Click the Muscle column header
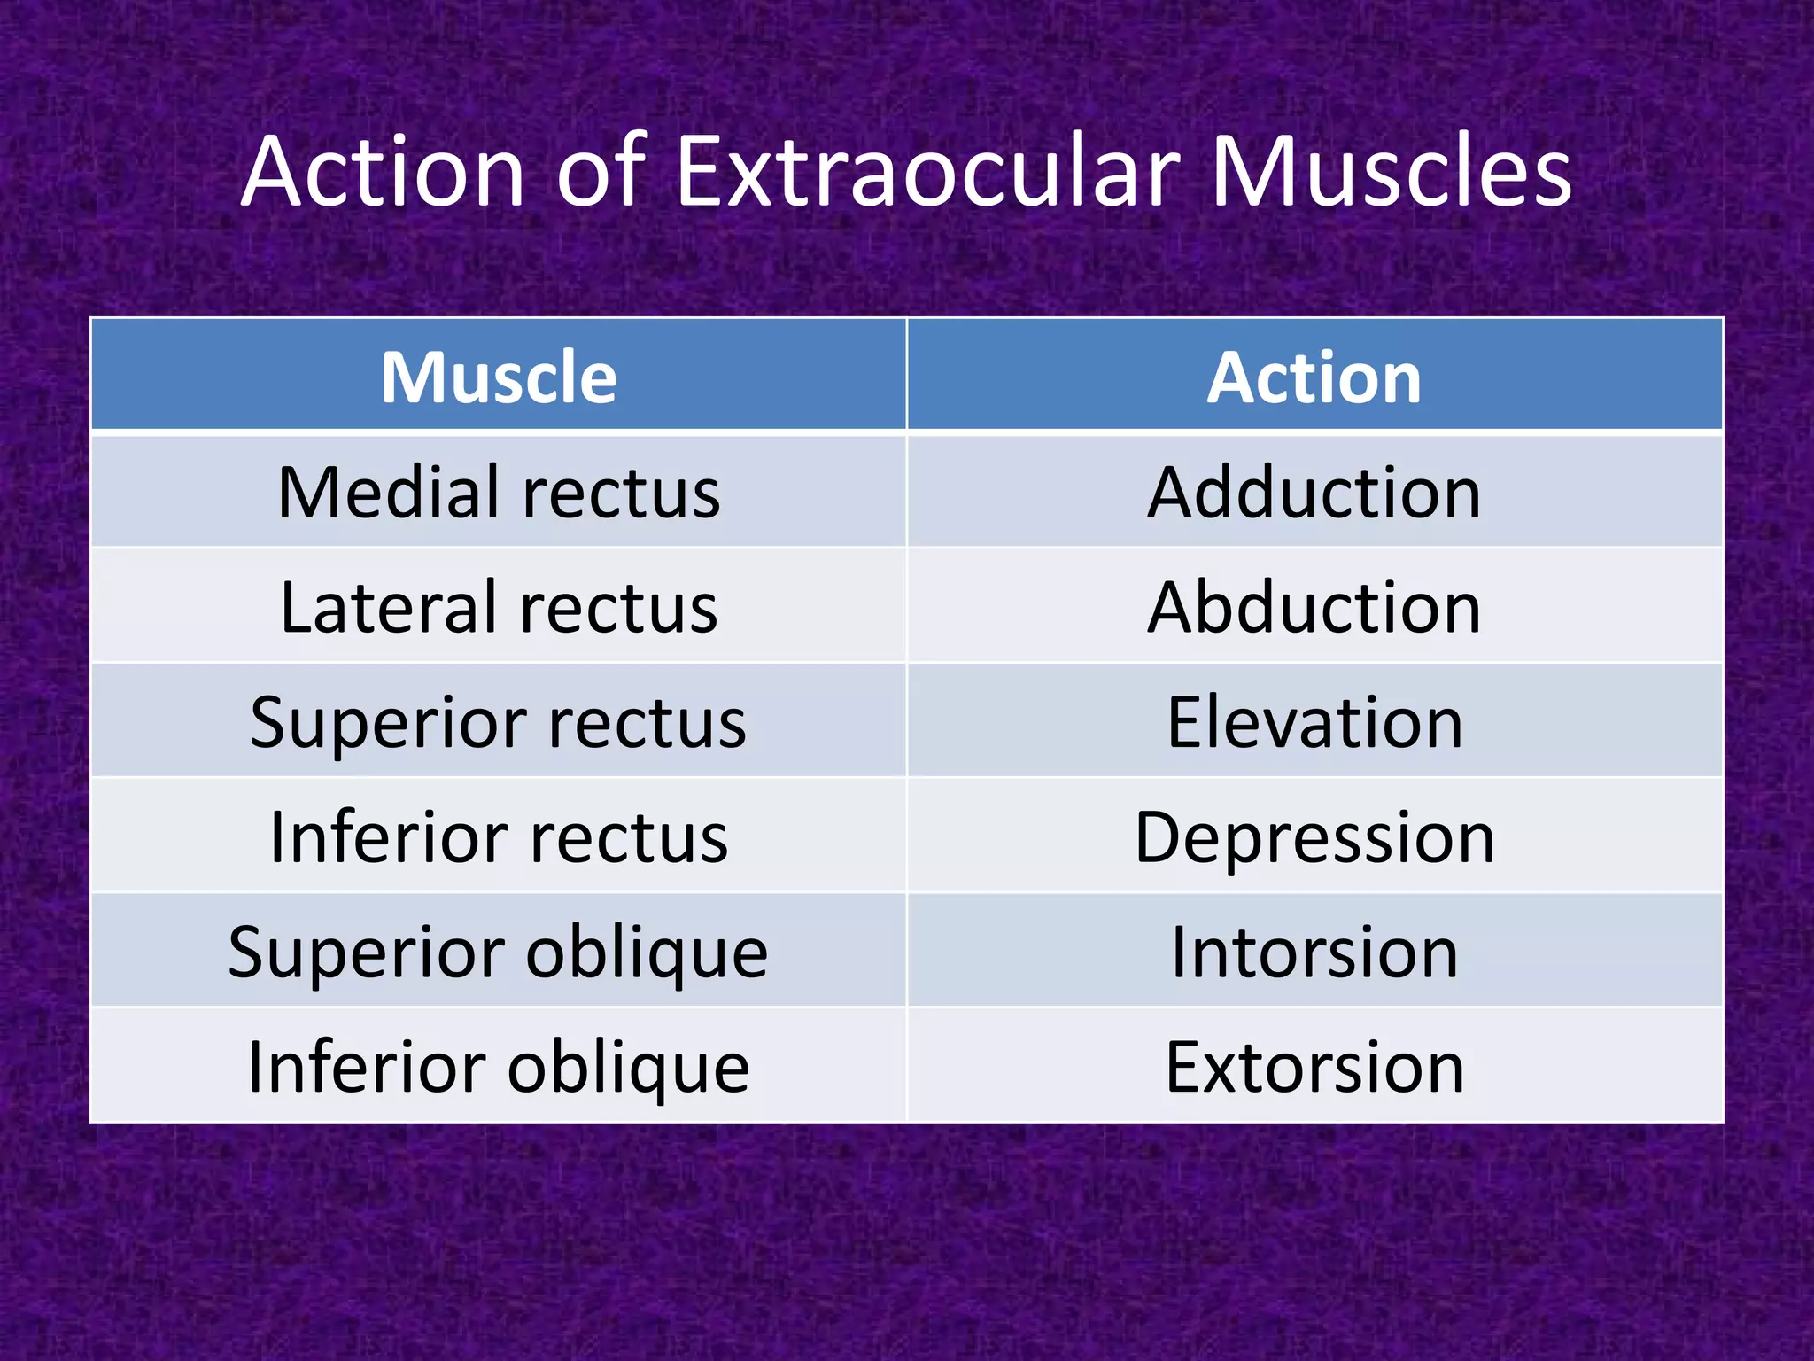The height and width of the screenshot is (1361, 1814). coord(499,377)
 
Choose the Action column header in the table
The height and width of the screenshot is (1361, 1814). coord(1314,377)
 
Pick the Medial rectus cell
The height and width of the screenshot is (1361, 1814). coord(499,493)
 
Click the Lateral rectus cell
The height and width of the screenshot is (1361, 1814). coord(499,608)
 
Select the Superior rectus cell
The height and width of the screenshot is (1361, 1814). coord(499,723)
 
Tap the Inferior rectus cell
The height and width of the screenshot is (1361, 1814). coord(499,837)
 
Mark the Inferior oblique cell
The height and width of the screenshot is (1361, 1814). coord(499,1067)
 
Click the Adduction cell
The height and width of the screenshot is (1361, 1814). coord(1314,493)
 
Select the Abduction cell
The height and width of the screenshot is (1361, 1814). coord(1314,608)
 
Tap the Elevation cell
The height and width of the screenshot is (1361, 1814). coord(1314,723)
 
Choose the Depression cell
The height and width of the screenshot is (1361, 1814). coord(1314,837)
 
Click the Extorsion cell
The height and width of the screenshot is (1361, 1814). coord(1314,1067)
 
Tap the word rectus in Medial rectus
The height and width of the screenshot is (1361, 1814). coord(621,494)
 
